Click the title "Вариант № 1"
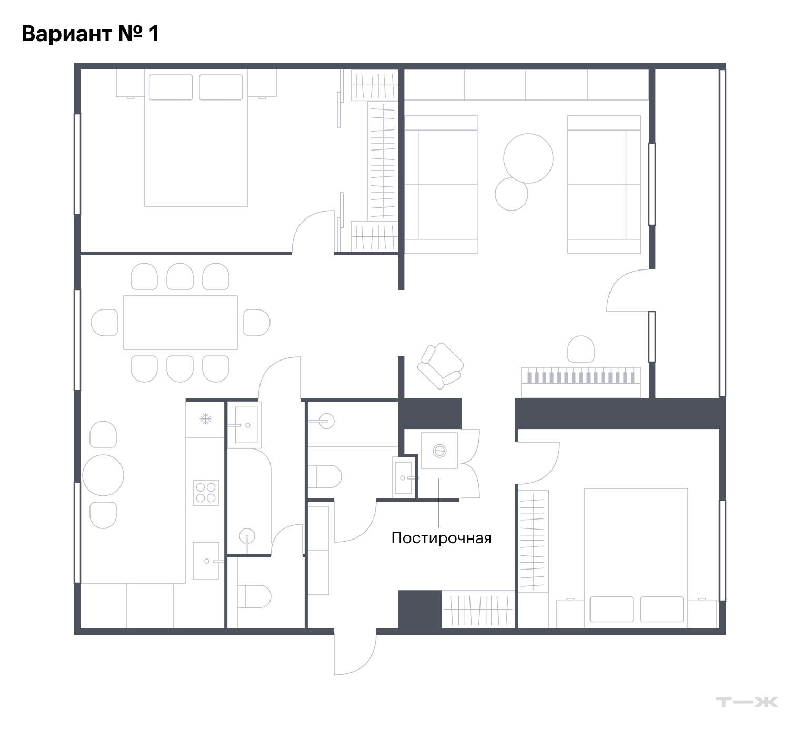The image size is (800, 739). pyautogui.click(x=90, y=34)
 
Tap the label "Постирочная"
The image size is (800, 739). pyautogui.click(x=441, y=538)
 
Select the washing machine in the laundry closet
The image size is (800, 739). pyautogui.click(x=439, y=451)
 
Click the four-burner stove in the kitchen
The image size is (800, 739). pyautogui.click(x=206, y=493)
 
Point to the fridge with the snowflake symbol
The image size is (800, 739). pyautogui.click(x=205, y=420)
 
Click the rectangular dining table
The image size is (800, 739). pyautogui.click(x=181, y=322)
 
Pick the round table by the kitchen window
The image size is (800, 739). pyautogui.click(x=103, y=475)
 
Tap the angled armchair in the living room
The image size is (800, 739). pyautogui.click(x=441, y=366)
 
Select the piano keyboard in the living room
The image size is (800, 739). pyautogui.click(x=581, y=382)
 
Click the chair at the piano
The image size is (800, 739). pyautogui.click(x=581, y=349)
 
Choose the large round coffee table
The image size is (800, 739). pyautogui.click(x=528, y=158)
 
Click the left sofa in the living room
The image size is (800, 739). pyautogui.click(x=441, y=185)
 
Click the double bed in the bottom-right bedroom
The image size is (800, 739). pyautogui.click(x=636, y=558)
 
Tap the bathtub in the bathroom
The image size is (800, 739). pyautogui.click(x=248, y=500)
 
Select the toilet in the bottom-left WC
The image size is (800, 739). pyautogui.click(x=254, y=596)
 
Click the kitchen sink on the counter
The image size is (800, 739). pyautogui.click(x=206, y=561)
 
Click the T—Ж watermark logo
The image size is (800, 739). pyautogui.click(x=747, y=702)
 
